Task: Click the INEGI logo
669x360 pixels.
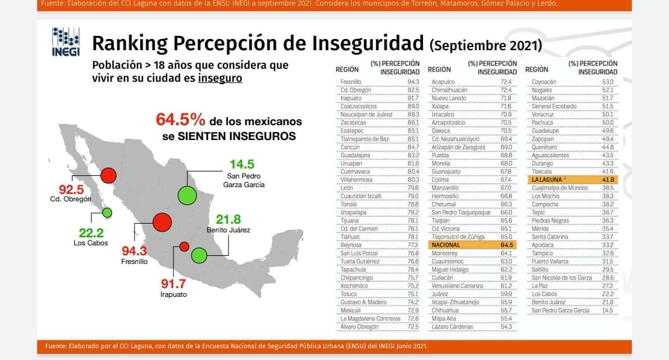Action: [x=66, y=42]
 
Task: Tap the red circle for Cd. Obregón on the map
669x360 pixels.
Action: [x=108, y=176]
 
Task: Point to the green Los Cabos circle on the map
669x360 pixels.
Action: [x=107, y=213]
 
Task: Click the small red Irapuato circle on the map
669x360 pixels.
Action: [x=184, y=247]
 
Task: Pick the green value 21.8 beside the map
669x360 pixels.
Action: [x=228, y=219]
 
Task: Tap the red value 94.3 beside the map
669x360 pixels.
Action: [x=134, y=250]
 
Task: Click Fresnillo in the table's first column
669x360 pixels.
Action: [x=351, y=82]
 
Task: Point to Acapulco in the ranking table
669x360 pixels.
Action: [x=444, y=82]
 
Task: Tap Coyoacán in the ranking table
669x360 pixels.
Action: [x=544, y=82]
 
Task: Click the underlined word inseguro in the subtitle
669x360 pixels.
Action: [x=220, y=79]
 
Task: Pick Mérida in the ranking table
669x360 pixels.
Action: [x=541, y=229]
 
